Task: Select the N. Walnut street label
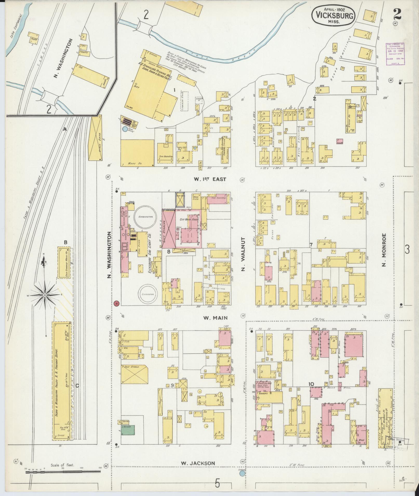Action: [x=243, y=254]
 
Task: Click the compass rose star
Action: [x=45, y=295]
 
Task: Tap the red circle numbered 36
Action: [x=117, y=303]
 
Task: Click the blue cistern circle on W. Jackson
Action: [x=242, y=473]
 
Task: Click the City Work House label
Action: [x=190, y=220]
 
